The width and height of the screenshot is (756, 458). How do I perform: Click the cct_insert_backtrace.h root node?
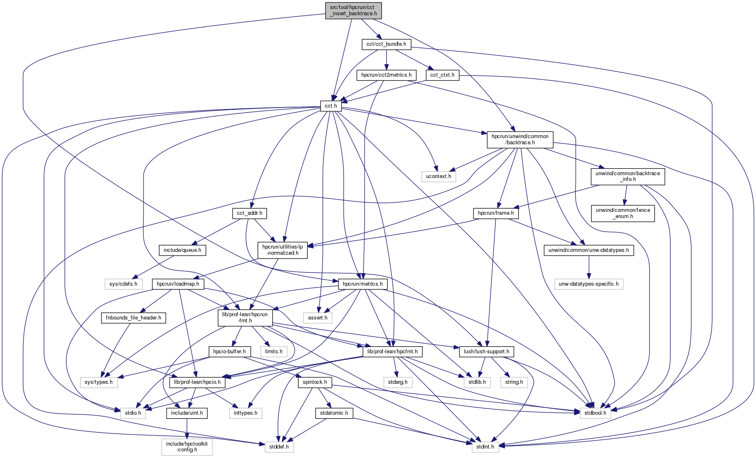pyautogui.click(x=353, y=10)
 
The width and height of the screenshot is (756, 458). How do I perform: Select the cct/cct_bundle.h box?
pyautogui.click(x=386, y=44)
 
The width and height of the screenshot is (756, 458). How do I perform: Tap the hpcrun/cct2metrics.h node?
pyautogui.click(x=386, y=75)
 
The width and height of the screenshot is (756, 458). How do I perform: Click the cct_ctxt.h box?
pyautogui.click(x=442, y=75)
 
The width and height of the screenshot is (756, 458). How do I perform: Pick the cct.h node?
pyautogui.click(x=331, y=106)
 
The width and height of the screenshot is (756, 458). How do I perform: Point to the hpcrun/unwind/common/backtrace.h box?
pyautogui.click(x=520, y=140)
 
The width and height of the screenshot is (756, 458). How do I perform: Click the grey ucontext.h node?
pyautogui.click(x=438, y=176)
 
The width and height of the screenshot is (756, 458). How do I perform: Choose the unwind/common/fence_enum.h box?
pyautogui.click(x=622, y=213)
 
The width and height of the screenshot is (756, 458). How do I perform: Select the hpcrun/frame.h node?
pyautogui.click(x=496, y=213)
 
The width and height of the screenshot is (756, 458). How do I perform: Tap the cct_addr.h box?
pyautogui.click(x=250, y=213)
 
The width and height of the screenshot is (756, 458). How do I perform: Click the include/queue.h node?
pyautogui.click(x=182, y=250)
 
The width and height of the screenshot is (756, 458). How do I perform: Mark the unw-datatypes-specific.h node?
pyautogui.click(x=589, y=284)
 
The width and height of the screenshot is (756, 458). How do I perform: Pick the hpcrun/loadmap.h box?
pyautogui.click(x=178, y=284)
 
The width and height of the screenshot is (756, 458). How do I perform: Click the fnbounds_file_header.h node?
pyautogui.click(x=134, y=318)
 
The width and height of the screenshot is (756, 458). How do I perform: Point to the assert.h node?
pyautogui.click(x=318, y=318)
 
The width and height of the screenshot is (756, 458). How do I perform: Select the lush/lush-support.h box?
pyautogui.click(x=486, y=352)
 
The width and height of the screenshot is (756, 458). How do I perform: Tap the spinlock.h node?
pyautogui.click(x=315, y=382)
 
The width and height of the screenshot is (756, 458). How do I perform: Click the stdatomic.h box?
pyautogui.click(x=334, y=413)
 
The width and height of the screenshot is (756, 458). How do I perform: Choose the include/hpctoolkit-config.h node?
pyautogui.click(x=187, y=447)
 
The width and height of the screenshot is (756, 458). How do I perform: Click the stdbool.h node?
pyautogui.click(x=593, y=413)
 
